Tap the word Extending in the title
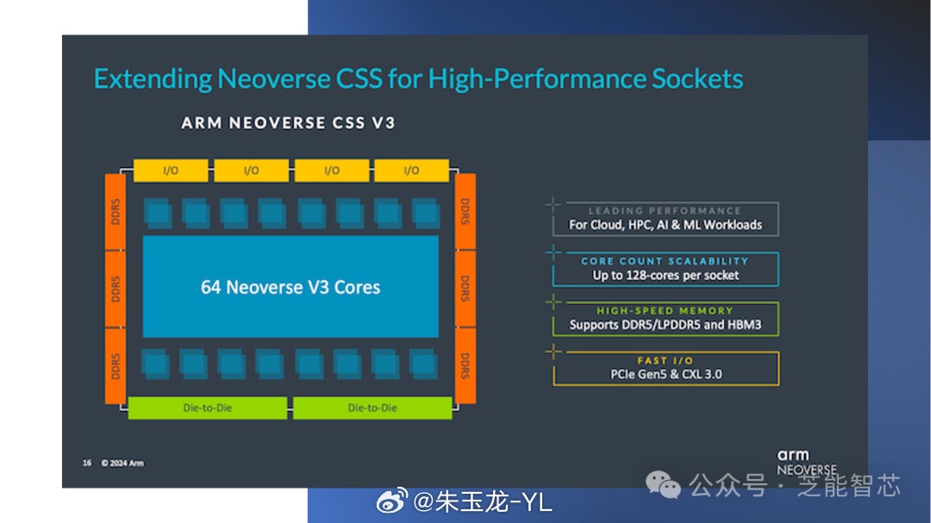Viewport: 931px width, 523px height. [153, 79]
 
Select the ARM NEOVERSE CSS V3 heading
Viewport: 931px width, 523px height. [288, 122]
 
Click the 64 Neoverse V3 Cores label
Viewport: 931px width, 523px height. [291, 287]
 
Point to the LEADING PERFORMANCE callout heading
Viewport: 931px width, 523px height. [664, 210]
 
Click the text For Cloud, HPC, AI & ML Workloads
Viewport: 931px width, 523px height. [665, 225]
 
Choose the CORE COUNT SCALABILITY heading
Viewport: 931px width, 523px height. [665, 260]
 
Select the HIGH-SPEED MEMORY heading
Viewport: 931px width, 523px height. [665, 310]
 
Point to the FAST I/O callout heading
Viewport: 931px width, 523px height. [665, 360]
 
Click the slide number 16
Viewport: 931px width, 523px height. [87, 463]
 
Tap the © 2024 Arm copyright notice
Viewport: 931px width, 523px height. [122, 463]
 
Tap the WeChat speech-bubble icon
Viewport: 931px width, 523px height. [665, 486]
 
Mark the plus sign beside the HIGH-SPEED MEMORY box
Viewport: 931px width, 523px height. [553, 302]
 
